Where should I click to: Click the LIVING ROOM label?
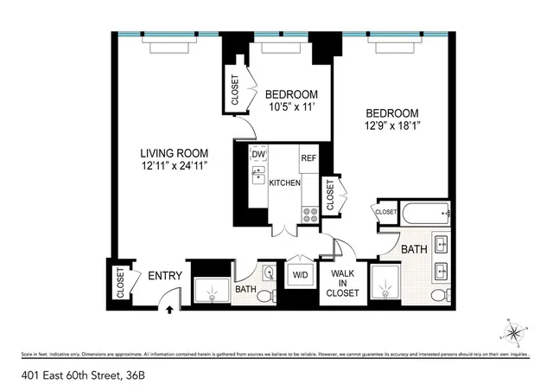tap(175, 152)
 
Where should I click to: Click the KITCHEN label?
tap(284, 183)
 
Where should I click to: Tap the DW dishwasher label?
tap(257, 155)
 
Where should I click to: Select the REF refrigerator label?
tap(308, 158)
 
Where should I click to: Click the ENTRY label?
tap(165, 276)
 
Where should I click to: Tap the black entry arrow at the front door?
tap(169, 306)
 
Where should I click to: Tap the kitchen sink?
tap(257, 177)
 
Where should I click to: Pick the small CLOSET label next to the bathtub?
tap(385, 212)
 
